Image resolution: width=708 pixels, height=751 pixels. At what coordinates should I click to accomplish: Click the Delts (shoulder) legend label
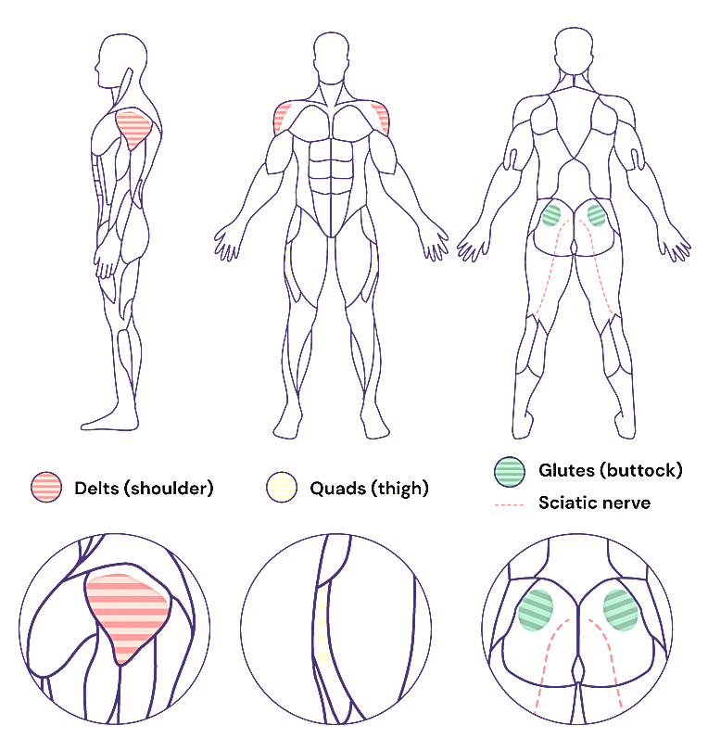(x=144, y=488)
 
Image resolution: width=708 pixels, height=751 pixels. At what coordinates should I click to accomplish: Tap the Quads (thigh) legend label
(x=369, y=488)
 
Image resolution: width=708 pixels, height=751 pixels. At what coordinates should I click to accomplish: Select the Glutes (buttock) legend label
(x=610, y=470)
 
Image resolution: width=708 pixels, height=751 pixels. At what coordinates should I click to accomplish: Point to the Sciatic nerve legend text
(x=594, y=503)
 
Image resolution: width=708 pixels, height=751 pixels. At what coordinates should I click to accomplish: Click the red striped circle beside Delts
(x=46, y=488)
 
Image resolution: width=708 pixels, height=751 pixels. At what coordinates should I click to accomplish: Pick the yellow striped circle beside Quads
(x=282, y=488)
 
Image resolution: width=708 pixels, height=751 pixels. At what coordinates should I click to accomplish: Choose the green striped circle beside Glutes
(x=510, y=470)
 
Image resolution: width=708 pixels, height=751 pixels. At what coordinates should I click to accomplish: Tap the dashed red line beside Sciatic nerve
(x=510, y=504)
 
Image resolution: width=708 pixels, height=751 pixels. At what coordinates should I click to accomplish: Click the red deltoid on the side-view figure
(x=133, y=129)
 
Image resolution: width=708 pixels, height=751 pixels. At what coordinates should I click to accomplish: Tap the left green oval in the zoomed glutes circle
(x=536, y=610)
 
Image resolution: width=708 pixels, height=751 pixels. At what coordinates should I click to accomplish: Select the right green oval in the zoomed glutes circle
(x=621, y=609)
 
